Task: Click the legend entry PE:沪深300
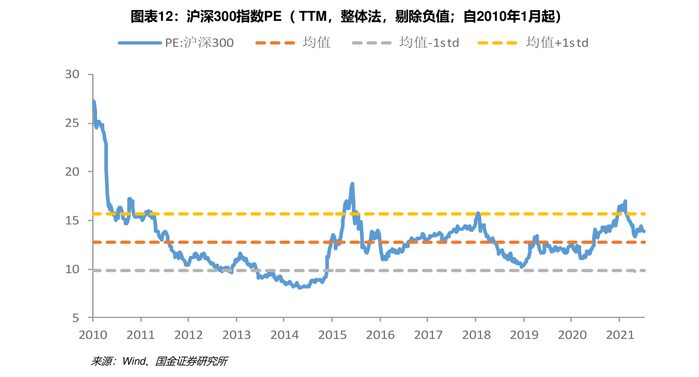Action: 176,43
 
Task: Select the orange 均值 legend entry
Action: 293,43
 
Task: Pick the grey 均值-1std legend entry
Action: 405,43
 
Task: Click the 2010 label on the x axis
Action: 92,334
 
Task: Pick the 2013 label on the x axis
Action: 236,334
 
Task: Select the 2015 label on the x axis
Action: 332,334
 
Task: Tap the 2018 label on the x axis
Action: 476,334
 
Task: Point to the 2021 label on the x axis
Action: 619,334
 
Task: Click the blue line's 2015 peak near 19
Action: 352,184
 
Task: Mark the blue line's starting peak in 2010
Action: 93,101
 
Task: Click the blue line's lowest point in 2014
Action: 300,288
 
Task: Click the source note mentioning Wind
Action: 159,361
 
